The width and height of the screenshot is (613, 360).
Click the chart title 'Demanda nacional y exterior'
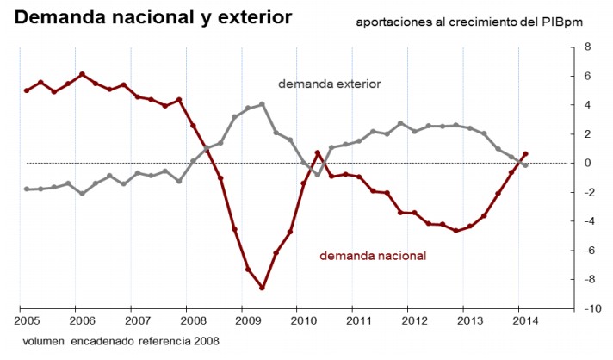[x=153, y=16]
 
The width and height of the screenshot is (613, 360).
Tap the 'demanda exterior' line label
[x=329, y=84]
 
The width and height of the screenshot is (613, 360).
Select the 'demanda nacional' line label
[x=373, y=255]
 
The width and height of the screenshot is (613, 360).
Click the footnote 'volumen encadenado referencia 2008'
[x=121, y=341]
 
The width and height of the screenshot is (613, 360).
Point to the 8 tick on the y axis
[x=585, y=47]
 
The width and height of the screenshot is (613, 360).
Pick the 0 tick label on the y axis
[x=585, y=163]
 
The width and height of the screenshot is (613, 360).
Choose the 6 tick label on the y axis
[x=585, y=76]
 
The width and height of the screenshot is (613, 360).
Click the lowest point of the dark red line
[x=262, y=288]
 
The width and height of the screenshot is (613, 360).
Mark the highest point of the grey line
[x=262, y=104]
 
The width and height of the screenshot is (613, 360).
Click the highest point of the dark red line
[x=82, y=74]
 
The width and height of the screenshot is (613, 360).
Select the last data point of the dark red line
[x=525, y=154]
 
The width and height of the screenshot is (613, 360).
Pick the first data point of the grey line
[x=27, y=189]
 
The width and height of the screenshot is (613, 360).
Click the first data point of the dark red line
[x=27, y=90]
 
